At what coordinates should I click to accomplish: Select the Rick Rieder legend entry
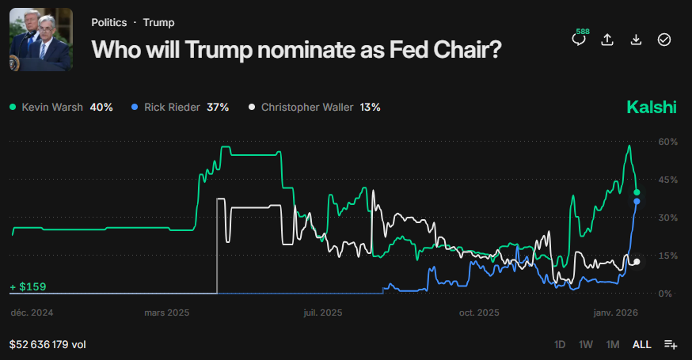pos(180,107)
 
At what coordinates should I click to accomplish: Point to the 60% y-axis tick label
pos(668,142)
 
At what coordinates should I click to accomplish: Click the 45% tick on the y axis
pos(668,180)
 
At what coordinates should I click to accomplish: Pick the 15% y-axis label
pos(668,256)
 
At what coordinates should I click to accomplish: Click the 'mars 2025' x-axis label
pos(167,313)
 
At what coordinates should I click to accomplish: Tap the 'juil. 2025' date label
pos(323,313)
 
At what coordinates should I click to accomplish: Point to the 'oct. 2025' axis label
pos(479,313)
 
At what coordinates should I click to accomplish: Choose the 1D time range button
pos(560,345)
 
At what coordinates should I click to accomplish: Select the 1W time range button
pos(586,345)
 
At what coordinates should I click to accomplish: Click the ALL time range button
pos(641,345)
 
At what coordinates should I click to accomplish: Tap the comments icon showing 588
pos(579,39)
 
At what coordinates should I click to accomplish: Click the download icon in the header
pos(636,40)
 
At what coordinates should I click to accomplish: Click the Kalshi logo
pos(651,107)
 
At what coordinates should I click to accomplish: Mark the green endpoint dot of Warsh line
pos(637,192)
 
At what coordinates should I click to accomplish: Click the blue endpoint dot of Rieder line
pos(637,202)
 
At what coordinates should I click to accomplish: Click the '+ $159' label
pos(29,286)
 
